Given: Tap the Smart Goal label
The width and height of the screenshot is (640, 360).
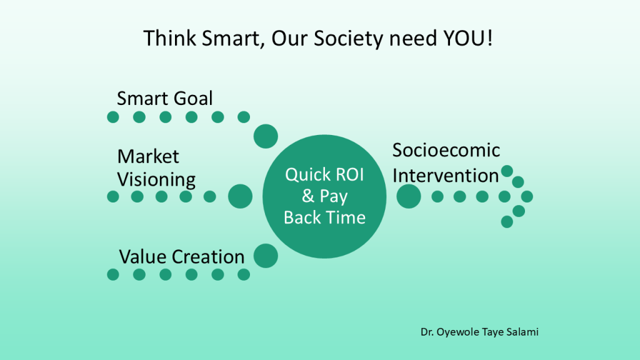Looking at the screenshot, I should (x=165, y=98).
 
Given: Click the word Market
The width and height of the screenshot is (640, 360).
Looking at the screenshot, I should (x=148, y=156).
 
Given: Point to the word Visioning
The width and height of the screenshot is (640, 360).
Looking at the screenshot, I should (x=156, y=179).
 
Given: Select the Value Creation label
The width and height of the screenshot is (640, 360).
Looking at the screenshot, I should (x=182, y=256).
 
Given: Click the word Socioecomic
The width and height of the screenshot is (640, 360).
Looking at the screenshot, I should (x=446, y=151).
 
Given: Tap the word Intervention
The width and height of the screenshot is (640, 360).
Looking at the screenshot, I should (x=446, y=175).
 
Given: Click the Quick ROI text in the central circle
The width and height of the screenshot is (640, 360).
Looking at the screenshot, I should (x=324, y=175).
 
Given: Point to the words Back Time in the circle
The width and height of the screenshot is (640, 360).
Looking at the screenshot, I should (x=324, y=217).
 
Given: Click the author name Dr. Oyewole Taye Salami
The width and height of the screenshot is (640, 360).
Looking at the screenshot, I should (x=479, y=332).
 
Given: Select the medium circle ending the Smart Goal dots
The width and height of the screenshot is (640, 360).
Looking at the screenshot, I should (x=265, y=136).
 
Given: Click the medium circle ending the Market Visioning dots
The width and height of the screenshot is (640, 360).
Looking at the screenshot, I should (x=240, y=196).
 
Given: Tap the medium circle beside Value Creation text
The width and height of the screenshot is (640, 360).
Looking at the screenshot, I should (x=266, y=256).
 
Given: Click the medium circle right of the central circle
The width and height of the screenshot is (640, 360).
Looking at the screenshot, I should (x=409, y=196).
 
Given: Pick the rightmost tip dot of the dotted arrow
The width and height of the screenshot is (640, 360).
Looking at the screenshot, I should (x=527, y=196).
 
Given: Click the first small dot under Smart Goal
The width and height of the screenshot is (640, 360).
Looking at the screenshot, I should (x=113, y=117).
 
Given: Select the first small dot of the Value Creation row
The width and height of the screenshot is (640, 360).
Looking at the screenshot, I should (x=113, y=274).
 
